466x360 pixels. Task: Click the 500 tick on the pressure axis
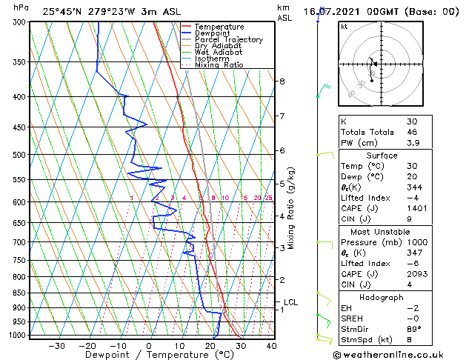(x=21, y=155)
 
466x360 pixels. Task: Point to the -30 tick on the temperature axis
(x=57, y=345)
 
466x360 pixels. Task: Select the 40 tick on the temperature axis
(x=271, y=345)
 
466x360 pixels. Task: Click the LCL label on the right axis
(x=290, y=302)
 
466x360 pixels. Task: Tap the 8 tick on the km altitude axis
(x=282, y=81)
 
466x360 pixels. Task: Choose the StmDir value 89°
(x=414, y=329)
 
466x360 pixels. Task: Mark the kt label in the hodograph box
(x=344, y=27)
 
